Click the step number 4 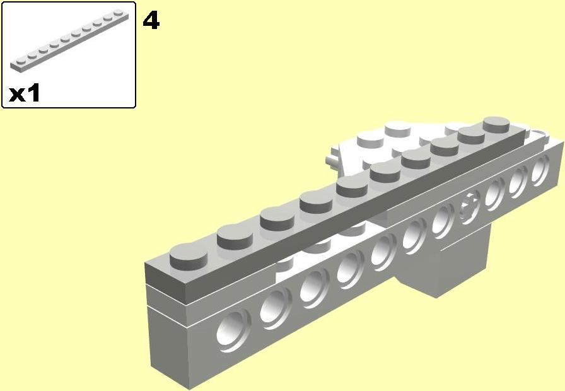151,20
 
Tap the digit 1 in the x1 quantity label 33,93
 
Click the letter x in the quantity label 17,95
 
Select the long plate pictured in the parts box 69,40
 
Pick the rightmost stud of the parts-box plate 118,14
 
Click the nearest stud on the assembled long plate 188,256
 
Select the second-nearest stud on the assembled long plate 235,236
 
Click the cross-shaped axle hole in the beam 470,207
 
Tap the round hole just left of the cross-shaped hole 443,220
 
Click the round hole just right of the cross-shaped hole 495,194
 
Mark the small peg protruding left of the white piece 332,160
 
